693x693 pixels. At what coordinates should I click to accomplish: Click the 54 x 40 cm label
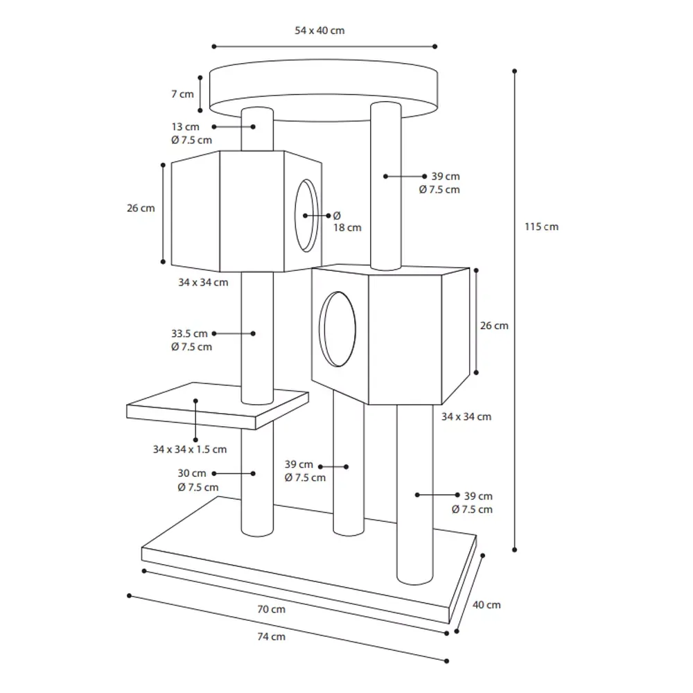tap(319, 30)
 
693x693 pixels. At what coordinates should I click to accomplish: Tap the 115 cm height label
tap(541, 227)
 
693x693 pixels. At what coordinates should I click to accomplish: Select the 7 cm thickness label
tap(182, 94)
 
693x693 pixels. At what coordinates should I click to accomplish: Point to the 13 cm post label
tap(185, 127)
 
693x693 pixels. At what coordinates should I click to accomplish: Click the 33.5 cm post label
tap(189, 334)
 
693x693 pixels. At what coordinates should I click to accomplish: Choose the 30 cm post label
tap(192, 473)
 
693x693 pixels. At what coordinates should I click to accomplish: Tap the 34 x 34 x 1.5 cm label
tap(190, 450)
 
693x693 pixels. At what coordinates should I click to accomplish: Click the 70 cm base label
tap(272, 609)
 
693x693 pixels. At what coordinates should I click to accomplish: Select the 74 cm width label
tap(272, 637)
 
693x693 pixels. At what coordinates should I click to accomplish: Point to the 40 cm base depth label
tap(486, 605)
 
